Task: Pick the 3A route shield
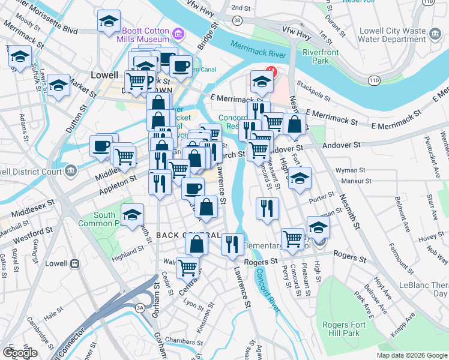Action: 139,308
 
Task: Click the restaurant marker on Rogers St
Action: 232,244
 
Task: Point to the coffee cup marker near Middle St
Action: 101,146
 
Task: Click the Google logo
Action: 20,353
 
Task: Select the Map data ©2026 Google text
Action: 412,355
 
